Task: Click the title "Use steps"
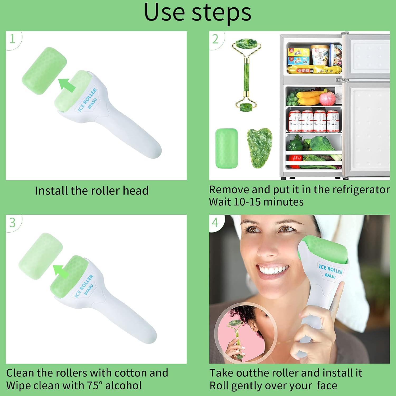click(197, 13)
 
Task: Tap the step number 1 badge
click(12, 39)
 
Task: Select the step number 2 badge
click(215, 39)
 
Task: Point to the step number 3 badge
click(12, 223)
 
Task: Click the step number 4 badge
click(215, 223)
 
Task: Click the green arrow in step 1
click(67, 84)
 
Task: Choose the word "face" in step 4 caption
click(327, 385)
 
